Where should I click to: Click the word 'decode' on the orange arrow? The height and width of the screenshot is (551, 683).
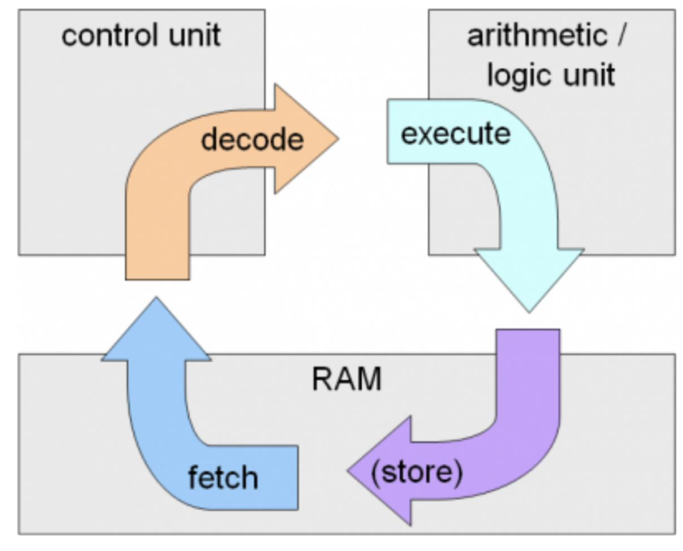pyautogui.click(x=252, y=139)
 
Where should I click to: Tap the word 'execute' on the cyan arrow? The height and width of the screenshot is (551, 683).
pyautogui.click(x=455, y=134)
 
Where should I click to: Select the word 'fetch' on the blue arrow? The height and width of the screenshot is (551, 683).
pyautogui.click(x=223, y=477)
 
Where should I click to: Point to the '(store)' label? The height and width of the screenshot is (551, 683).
pyautogui.click(x=417, y=472)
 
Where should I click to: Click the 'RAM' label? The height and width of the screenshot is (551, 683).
pyautogui.click(x=346, y=379)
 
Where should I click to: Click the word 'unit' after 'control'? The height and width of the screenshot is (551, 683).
pyautogui.click(x=194, y=35)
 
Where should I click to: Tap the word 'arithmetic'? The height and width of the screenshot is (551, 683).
pyautogui.click(x=536, y=35)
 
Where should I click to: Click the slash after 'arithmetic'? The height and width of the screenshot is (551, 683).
pyautogui.click(x=621, y=35)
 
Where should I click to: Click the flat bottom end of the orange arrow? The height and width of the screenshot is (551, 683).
pyautogui.click(x=157, y=277)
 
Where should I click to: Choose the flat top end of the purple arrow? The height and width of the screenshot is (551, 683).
pyautogui.click(x=528, y=332)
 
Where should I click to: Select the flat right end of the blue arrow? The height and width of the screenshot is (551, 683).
pyautogui.click(x=295, y=477)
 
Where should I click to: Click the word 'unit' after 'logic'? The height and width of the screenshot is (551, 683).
pyautogui.click(x=589, y=75)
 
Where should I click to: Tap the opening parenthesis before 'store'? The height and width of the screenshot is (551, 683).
pyautogui.click(x=375, y=472)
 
